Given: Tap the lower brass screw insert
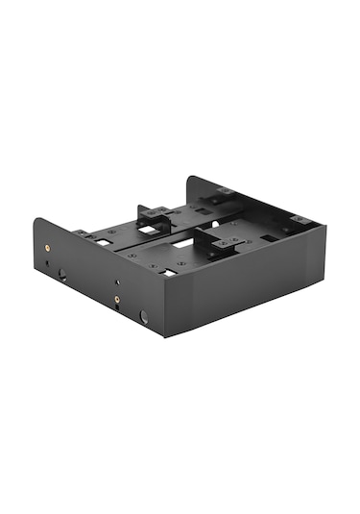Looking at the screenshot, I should coord(117,299).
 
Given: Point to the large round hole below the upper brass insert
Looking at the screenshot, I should coord(60,275).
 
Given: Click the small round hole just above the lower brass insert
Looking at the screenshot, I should coord(117,282).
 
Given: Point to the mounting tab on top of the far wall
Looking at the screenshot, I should coord(225,191).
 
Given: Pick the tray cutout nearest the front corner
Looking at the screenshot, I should coord(167,272).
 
